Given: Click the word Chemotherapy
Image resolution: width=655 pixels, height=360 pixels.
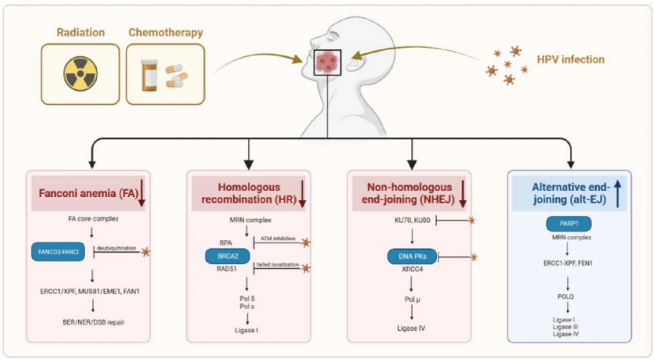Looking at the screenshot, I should click(x=165, y=32).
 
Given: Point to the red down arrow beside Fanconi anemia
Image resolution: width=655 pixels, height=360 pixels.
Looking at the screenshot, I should click(x=142, y=192).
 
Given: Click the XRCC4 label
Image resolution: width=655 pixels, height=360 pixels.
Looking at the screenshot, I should click(x=409, y=269).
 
